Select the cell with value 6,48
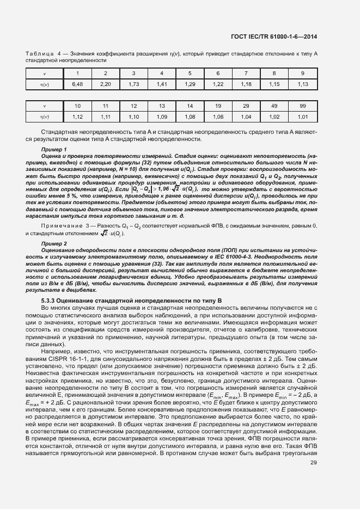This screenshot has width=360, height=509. tap(77, 84)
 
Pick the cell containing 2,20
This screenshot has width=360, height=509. tap(105, 84)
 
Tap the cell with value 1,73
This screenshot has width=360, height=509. tap(133, 84)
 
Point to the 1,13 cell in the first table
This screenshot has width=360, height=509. tap(303, 84)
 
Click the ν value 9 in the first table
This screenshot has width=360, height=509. tap(303, 73)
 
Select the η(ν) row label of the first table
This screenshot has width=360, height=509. tap(45, 84)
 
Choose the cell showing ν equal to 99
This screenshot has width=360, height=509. tap(303, 106)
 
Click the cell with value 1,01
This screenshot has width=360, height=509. tap(303, 116)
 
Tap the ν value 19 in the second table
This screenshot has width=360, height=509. tap(218, 106)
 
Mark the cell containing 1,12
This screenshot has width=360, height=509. tap(77, 116)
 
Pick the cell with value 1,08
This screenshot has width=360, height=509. tap(190, 116)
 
